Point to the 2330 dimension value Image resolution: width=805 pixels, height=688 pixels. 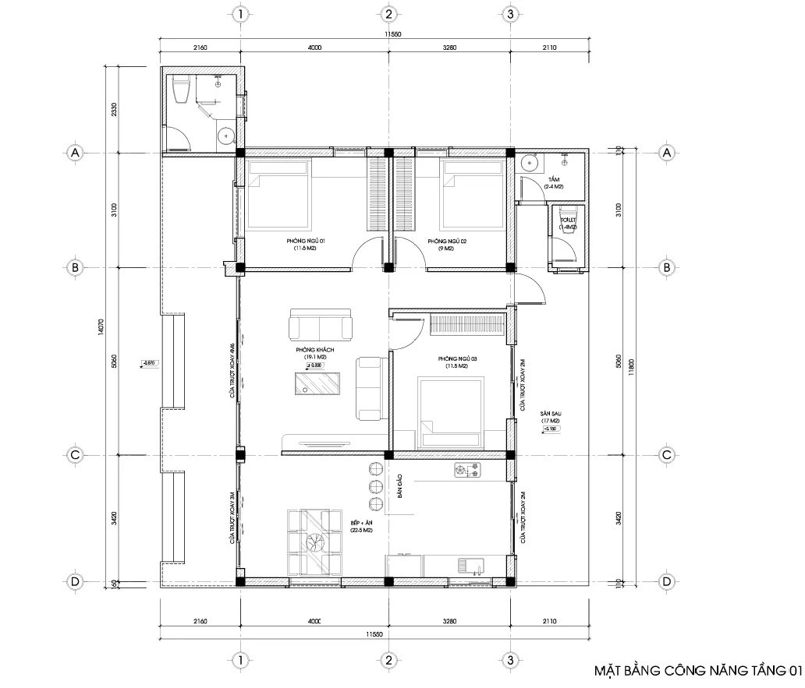114,110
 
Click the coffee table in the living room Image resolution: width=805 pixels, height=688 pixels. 317,384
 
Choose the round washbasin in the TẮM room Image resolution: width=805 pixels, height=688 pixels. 530,163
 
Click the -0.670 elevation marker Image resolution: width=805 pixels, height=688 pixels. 149,362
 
